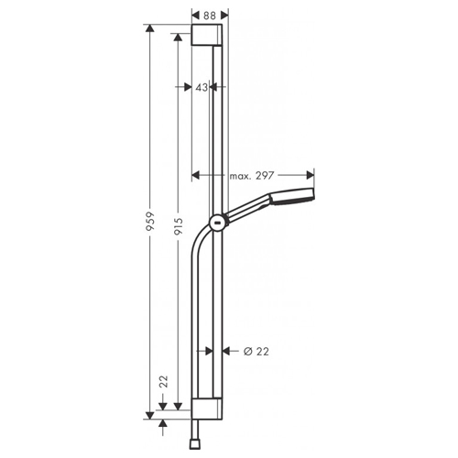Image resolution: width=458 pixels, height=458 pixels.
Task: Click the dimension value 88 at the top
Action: point(210,16)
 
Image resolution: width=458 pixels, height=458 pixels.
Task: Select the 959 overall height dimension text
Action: point(151,221)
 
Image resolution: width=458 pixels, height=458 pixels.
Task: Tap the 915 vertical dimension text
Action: point(179,226)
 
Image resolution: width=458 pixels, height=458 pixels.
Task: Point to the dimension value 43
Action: point(202,87)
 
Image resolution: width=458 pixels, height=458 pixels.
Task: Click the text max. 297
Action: point(252,176)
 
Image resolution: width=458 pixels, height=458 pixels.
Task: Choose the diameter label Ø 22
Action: point(256,352)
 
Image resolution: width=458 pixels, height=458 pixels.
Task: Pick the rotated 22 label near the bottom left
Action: point(164,382)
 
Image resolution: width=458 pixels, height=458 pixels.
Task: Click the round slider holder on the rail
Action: point(217,222)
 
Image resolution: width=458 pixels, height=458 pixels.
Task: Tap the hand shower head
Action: point(291,197)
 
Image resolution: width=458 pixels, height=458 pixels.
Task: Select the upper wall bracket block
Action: point(207,35)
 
